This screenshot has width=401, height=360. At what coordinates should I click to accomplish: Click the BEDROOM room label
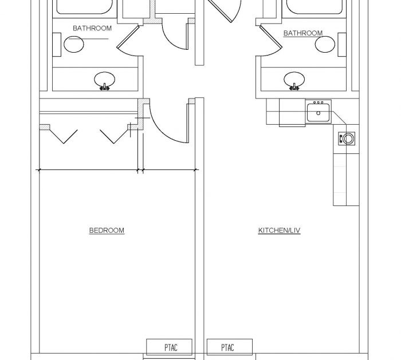[107, 231]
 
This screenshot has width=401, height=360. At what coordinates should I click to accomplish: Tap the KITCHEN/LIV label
[279, 231]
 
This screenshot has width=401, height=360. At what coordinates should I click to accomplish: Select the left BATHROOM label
[92, 28]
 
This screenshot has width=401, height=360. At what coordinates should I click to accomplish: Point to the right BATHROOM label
[302, 33]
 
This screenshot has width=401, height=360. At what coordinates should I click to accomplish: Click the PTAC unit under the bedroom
[169, 347]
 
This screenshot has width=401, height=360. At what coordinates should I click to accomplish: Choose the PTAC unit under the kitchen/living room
[227, 347]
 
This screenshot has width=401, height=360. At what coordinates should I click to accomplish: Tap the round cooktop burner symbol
[348, 137]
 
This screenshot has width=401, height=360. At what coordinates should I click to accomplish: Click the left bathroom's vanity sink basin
[104, 79]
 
